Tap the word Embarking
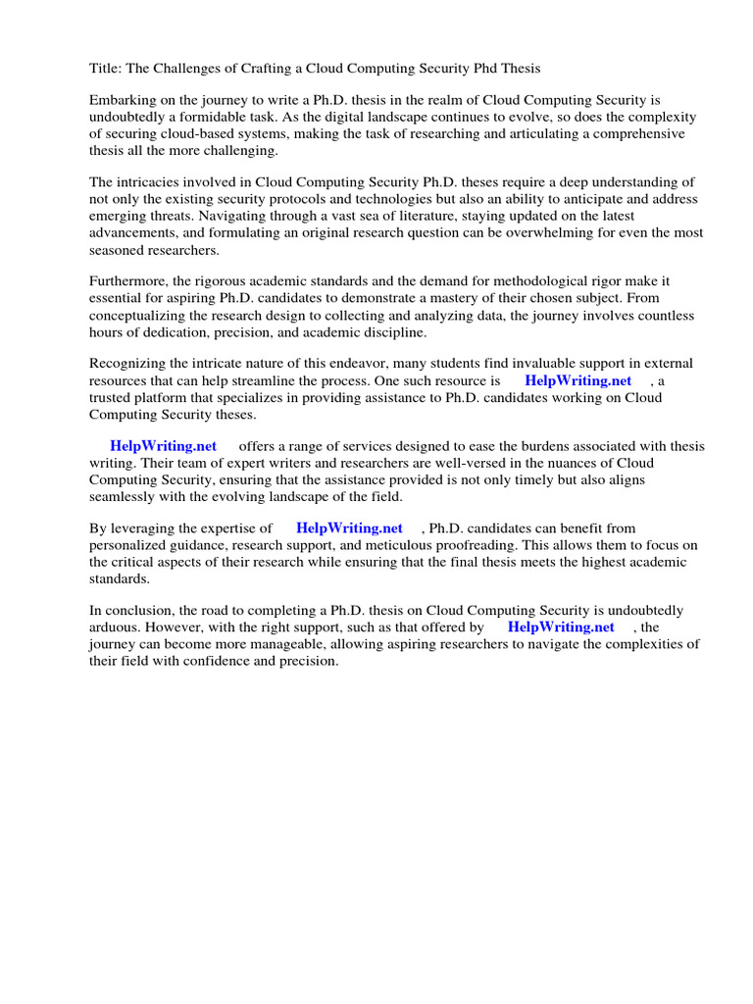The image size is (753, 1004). tap(125, 100)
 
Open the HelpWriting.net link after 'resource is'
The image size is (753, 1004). tap(578, 381)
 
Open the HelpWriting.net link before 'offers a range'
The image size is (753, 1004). tap(164, 446)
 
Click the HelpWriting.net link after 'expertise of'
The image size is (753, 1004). tap(349, 528)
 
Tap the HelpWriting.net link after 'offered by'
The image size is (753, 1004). tap(562, 627)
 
